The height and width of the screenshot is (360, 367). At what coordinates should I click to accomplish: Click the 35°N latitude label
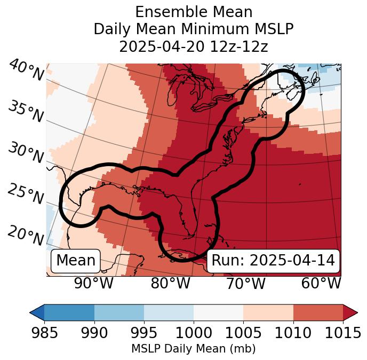(x=26, y=112)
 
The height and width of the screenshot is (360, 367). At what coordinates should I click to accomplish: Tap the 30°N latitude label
(x=26, y=153)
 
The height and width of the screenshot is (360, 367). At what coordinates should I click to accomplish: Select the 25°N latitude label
(x=26, y=194)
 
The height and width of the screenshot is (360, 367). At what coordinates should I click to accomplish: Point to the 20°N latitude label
(x=26, y=236)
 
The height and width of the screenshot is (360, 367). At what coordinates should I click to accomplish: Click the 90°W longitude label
(x=93, y=283)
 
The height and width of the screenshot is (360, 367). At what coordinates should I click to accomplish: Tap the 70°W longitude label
(x=245, y=283)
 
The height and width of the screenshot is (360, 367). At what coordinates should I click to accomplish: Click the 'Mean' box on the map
(x=76, y=261)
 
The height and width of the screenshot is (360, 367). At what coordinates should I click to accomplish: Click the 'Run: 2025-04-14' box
(x=273, y=261)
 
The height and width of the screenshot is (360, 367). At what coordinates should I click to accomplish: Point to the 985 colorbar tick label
(x=44, y=333)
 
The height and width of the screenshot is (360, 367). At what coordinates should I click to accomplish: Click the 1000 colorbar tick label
(x=194, y=333)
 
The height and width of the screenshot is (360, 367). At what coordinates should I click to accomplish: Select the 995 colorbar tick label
(x=144, y=333)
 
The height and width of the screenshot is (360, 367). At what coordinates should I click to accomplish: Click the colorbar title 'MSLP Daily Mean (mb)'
(x=194, y=349)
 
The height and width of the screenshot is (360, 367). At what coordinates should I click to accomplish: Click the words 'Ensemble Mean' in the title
(x=194, y=12)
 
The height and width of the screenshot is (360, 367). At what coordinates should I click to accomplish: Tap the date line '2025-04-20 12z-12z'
(x=194, y=46)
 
